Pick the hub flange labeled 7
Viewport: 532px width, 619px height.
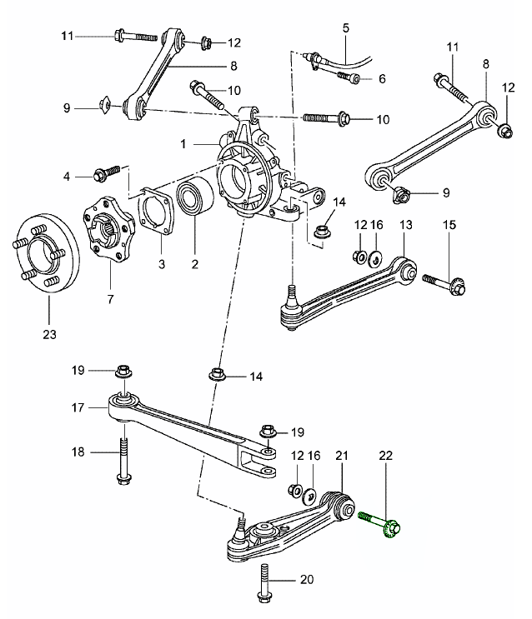108,227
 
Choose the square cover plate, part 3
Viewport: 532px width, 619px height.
154,214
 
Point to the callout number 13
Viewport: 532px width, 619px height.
405,225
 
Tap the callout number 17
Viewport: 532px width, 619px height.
77,408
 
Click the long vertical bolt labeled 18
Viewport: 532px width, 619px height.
123,461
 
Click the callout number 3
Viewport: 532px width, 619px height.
161,264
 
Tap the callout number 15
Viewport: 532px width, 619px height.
449,225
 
